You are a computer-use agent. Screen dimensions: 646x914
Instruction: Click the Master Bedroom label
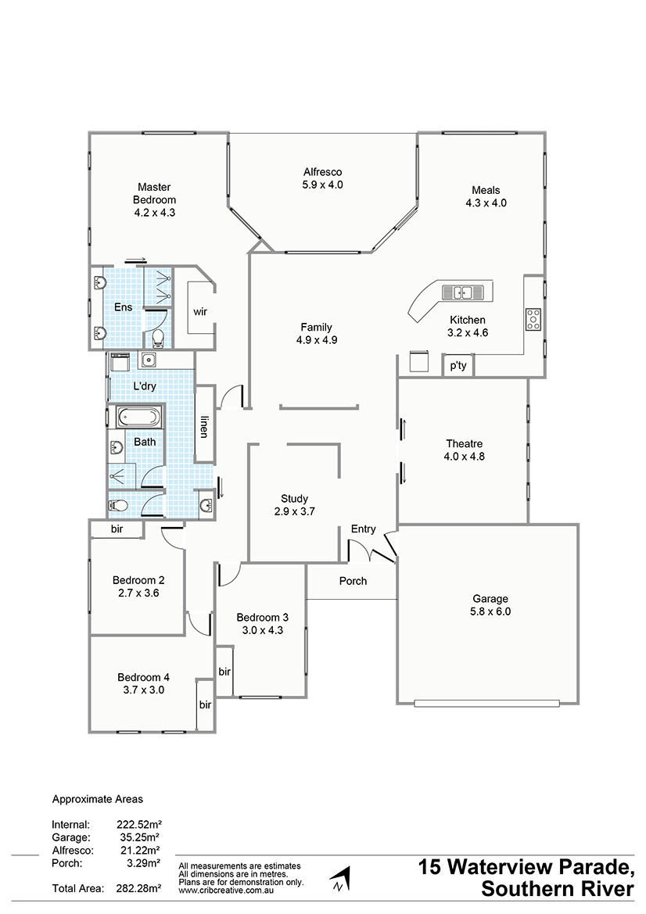click(x=154, y=194)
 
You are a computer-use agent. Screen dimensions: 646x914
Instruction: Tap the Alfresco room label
click(x=322, y=172)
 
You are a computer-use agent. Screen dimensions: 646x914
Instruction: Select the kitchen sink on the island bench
click(x=463, y=292)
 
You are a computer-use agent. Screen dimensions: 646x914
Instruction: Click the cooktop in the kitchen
click(x=533, y=320)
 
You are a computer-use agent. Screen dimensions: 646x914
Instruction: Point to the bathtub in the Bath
click(x=138, y=418)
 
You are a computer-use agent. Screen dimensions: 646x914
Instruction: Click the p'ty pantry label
click(x=458, y=365)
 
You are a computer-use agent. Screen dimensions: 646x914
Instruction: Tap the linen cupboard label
click(x=203, y=426)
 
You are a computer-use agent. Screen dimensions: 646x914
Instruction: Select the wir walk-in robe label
click(x=200, y=312)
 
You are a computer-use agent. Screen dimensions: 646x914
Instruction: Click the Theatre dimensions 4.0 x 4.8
click(x=464, y=457)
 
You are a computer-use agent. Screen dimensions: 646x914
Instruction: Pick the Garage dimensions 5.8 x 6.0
click(x=490, y=611)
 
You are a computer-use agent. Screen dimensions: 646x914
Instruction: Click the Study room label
click(x=294, y=499)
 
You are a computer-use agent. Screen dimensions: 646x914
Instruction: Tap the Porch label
click(x=354, y=581)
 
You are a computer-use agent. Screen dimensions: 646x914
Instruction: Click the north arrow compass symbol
click(x=340, y=879)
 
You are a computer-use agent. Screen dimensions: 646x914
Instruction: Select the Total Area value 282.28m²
click(x=138, y=888)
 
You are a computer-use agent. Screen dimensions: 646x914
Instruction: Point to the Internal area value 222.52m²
click(x=138, y=825)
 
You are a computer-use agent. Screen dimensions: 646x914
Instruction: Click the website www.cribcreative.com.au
click(x=226, y=891)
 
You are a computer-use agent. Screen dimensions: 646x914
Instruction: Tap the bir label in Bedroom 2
click(x=117, y=529)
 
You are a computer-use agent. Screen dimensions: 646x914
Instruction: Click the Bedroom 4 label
click(x=143, y=677)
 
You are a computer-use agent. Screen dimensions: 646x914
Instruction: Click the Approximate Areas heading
click(x=97, y=799)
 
